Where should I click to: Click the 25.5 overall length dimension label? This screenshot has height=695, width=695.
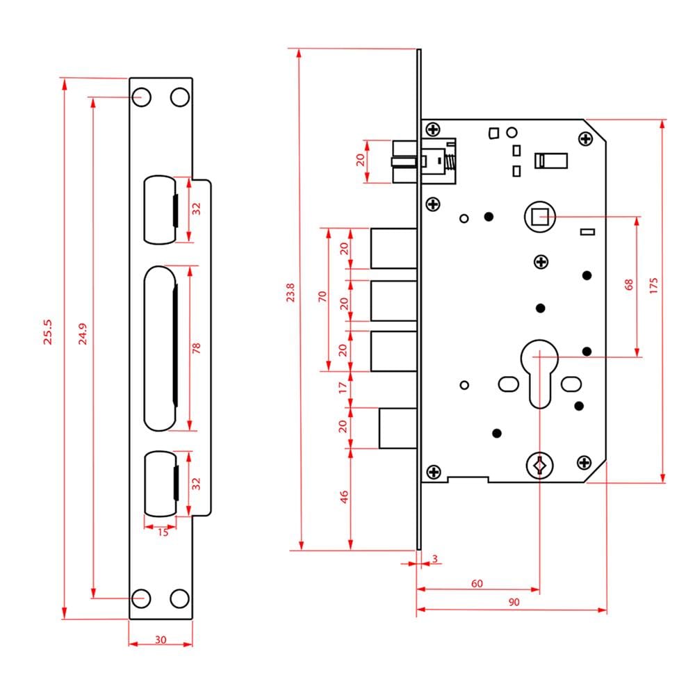click(x=47, y=332)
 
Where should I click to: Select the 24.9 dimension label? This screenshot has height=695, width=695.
click(x=83, y=334)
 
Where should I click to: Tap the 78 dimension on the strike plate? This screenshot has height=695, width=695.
click(x=197, y=348)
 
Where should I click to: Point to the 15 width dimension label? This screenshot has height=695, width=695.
click(x=163, y=532)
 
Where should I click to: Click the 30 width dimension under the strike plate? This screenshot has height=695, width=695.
click(x=161, y=639)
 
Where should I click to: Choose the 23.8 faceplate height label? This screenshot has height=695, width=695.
click(x=291, y=293)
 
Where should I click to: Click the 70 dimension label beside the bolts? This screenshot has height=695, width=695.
click(x=322, y=297)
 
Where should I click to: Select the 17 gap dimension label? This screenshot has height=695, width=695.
click(x=343, y=388)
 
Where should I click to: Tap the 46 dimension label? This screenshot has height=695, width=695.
click(x=344, y=497)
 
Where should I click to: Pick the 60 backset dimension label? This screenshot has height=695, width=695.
click(x=477, y=583)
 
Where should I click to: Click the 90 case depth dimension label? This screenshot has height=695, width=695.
click(x=514, y=602)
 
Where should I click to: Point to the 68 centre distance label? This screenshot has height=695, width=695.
click(x=628, y=284)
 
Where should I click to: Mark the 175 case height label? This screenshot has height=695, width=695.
click(x=653, y=286)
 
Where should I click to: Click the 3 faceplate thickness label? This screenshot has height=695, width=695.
click(x=435, y=559)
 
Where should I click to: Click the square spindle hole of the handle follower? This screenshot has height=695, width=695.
click(x=540, y=217)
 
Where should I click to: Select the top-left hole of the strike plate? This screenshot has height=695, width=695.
click(x=142, y=97)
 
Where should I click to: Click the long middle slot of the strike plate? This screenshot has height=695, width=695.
click(x=160, y=348)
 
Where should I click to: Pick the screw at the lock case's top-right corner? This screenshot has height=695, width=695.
click(x=585, y=139)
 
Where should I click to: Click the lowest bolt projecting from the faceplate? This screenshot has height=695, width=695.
click(x=398, y=428)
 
